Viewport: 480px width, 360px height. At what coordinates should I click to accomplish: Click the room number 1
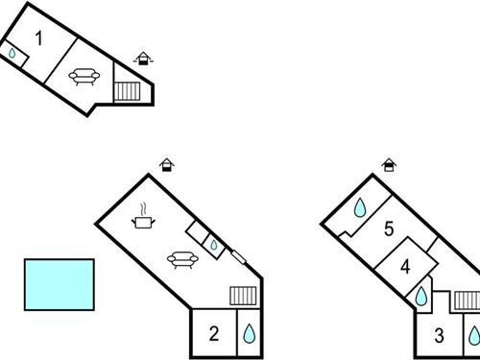39,38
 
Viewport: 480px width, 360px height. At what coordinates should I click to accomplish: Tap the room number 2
214,334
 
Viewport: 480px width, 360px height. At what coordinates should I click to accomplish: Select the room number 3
439,336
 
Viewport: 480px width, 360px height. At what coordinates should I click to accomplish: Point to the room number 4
406,266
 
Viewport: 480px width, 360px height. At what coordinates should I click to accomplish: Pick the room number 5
389,228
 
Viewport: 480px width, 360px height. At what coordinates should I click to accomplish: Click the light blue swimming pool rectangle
59,284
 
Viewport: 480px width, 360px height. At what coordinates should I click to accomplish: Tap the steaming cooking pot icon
144,218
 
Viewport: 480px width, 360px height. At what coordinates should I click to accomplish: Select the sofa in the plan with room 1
84,76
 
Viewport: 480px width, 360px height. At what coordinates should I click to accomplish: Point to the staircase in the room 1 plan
128,91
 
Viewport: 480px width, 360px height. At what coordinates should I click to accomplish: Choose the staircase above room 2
243,296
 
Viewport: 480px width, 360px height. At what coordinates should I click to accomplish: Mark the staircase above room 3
467,300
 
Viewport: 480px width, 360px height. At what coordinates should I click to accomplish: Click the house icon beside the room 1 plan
143,59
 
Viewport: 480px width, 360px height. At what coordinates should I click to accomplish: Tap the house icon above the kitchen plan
166,165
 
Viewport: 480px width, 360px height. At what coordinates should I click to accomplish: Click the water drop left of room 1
12,55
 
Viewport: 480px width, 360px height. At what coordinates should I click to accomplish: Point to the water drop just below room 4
421,298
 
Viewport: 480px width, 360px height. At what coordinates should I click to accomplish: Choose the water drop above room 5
360,206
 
